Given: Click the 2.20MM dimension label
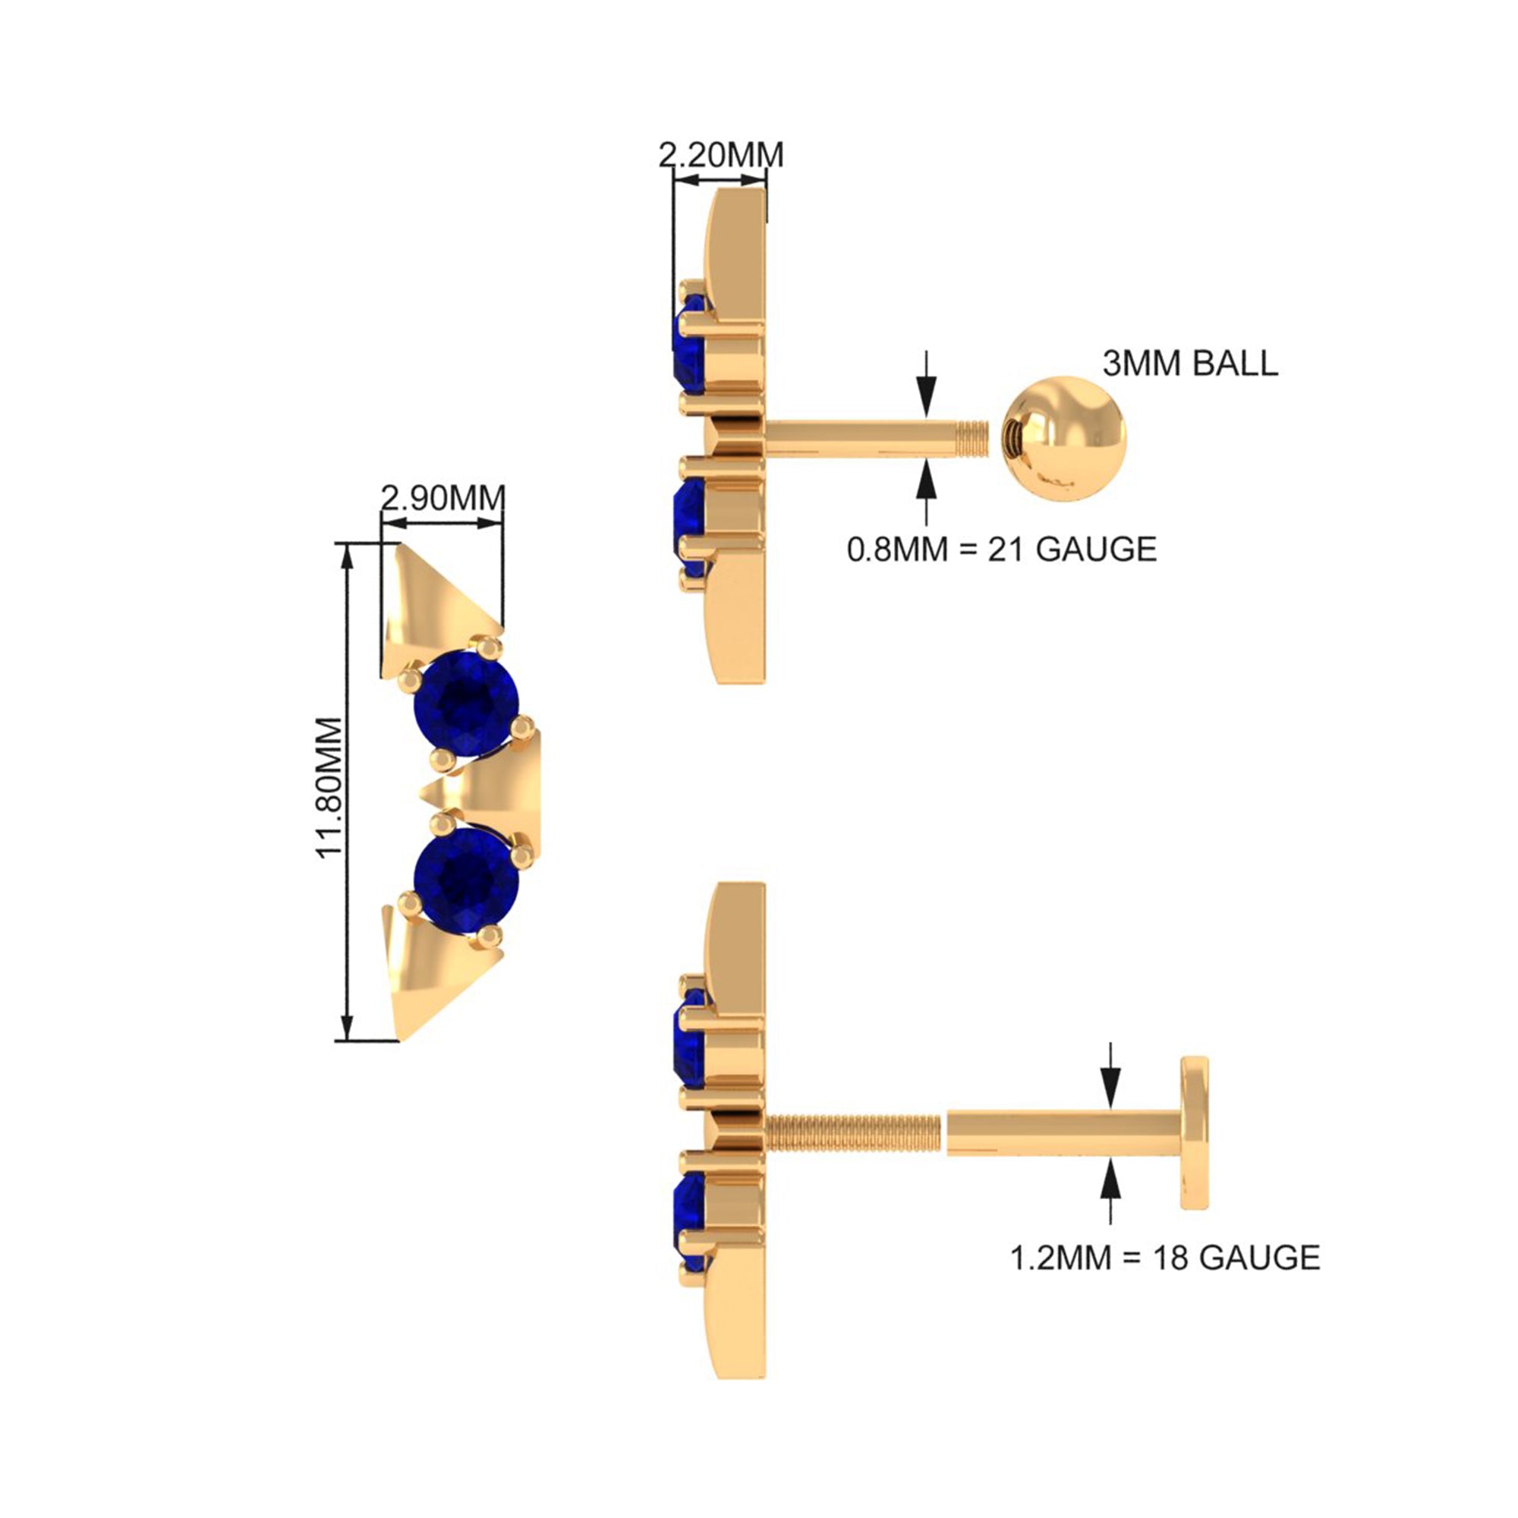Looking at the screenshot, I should (720, 155).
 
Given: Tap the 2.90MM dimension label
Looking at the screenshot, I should (442, 498).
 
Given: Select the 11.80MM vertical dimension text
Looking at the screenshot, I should (331, 788).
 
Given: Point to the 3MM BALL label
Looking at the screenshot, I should (1189, 364).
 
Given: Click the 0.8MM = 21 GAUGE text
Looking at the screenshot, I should (1002, 550).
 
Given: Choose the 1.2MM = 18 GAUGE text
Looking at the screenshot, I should (1164, 1258).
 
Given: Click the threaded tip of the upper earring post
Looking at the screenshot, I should (972, 438).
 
